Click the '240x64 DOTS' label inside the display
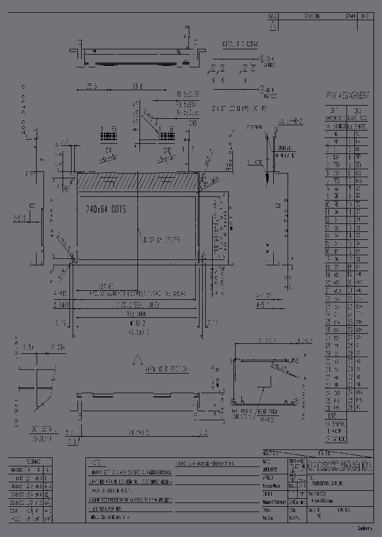point(106,210)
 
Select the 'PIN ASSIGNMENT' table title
point(347,96)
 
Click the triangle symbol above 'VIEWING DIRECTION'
point(137,360)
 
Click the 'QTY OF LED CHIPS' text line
point(239,108)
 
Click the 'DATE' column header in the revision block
point(365,16)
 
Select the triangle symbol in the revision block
point(273,25)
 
